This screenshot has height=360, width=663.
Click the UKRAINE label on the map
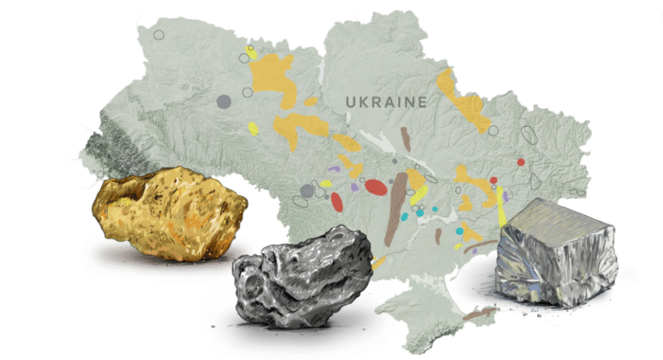point(386,102)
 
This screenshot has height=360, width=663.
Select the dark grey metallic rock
point(303,278)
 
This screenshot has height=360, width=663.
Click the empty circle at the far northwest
point(159,35)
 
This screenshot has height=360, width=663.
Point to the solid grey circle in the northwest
point(224,102)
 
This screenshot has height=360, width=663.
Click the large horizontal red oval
point(376,186)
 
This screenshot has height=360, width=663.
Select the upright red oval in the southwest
point(337,202)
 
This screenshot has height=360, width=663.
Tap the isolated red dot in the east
point(521,161)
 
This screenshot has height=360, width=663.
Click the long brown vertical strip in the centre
point(396,208)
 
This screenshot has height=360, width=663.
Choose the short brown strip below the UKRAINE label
point(406,137)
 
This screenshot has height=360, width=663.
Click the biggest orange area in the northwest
point(275,76)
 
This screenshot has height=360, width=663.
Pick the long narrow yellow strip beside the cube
point(501,205)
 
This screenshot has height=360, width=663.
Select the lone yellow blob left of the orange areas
point(253,129)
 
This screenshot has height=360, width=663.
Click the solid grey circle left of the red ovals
point(306,191)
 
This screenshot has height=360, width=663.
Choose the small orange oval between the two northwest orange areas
point(311,102)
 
